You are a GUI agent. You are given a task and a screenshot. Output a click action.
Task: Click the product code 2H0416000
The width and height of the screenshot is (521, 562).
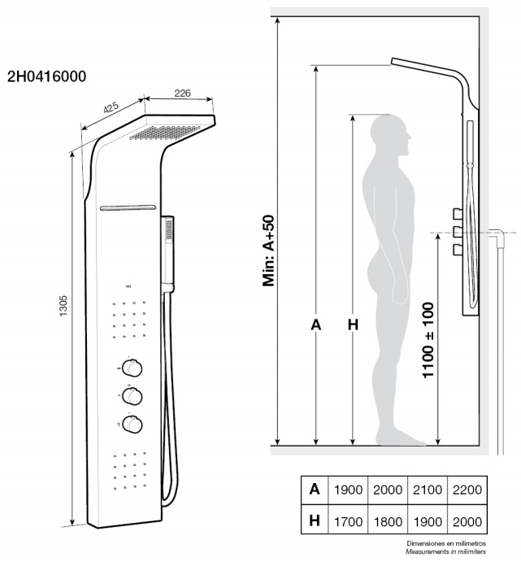(x=46, y=76)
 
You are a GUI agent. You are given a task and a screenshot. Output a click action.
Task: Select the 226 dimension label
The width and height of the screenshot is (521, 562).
(x=182, y=94)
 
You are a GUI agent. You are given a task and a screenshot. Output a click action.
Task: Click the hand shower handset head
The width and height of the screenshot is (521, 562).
(x=168, y=229)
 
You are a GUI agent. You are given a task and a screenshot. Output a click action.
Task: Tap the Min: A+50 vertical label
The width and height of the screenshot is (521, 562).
(x=269, y=251)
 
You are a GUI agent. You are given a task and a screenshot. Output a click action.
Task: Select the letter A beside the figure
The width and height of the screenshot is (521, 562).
(x=316, y=325)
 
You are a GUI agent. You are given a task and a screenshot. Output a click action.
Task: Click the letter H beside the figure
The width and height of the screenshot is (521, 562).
(x=352, y=325)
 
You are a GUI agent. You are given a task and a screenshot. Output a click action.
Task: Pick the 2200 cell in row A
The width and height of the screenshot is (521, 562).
(x=466, y=490)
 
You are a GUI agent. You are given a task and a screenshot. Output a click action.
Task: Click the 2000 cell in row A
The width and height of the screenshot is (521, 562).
(x=387, y=490)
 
